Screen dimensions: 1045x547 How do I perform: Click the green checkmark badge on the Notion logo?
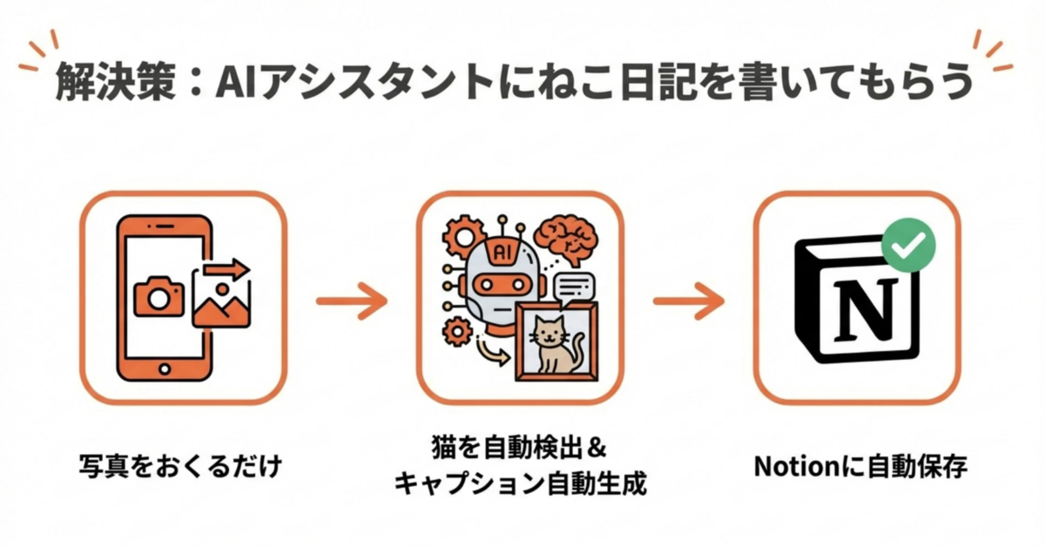908,245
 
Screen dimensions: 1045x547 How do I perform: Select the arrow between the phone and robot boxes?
352,301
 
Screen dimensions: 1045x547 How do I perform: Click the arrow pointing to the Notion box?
689,301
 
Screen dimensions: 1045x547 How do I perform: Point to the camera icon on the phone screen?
159,296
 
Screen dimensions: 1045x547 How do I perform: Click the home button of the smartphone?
165,369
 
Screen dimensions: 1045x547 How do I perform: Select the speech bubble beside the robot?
574,289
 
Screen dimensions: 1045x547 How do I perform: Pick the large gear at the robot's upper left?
463,237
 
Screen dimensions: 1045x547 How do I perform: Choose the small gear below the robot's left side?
457,331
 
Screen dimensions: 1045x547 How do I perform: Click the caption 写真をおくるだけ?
180,466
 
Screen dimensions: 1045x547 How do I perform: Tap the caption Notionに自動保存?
860,466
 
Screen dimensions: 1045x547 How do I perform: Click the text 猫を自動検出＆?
519,447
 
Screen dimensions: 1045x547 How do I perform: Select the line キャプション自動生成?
520,483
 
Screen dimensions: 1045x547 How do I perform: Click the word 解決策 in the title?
115,82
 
